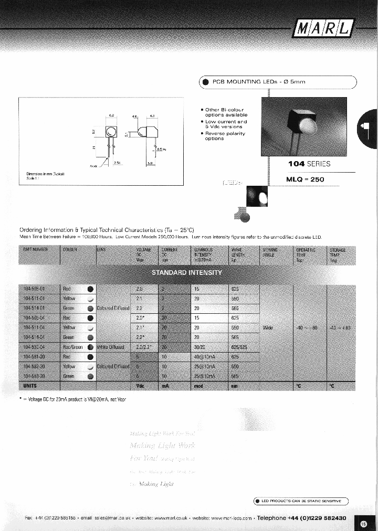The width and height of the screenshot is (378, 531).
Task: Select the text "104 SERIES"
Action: pos(309,164)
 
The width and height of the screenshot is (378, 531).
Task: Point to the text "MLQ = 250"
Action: pos(305,179)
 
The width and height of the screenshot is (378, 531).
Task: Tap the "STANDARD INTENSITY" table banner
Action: pos(187,273)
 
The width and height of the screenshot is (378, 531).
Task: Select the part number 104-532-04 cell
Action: pos(35,347)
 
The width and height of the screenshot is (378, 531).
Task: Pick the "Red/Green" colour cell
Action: pos(73,347)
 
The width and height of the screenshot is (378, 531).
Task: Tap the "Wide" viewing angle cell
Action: pos(267,328)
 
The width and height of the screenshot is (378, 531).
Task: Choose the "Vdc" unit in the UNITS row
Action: pos(140,386)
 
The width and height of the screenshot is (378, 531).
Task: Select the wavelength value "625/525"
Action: pos(239,347)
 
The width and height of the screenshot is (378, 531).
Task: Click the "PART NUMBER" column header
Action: pos(35,250)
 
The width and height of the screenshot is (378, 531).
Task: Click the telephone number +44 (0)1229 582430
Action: pos(317,517)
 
